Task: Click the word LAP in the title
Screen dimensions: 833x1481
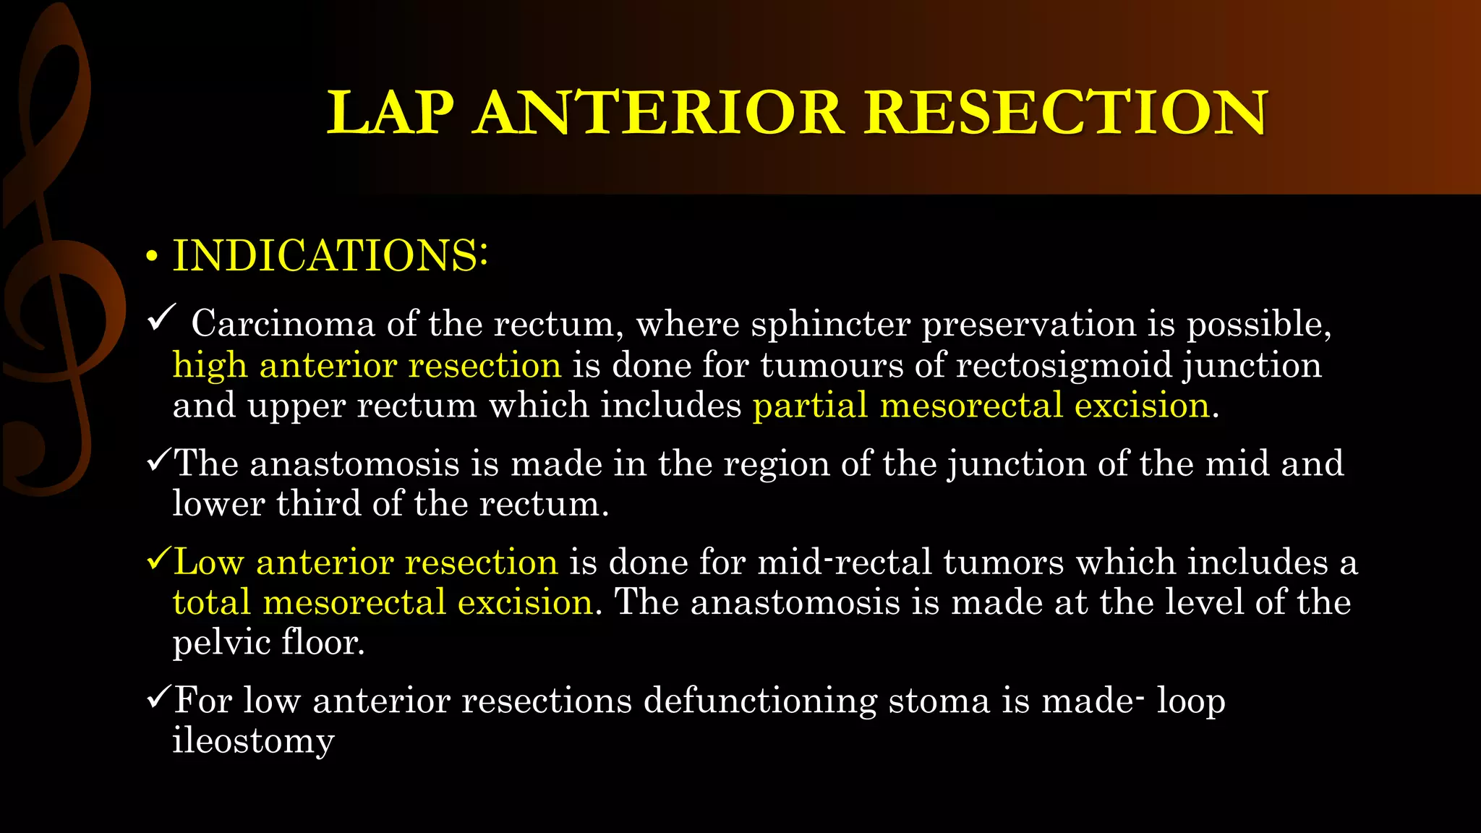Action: point(390,113)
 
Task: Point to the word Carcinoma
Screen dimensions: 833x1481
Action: point(283,323)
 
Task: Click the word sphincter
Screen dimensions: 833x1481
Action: point(830,324)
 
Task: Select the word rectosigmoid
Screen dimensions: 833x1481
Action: point(1063,365)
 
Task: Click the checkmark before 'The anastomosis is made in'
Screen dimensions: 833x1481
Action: point(158,461)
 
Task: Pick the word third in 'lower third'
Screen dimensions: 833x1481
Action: point(318,503)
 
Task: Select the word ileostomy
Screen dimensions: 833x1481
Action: point(253,741)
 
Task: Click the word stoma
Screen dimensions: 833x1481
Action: point(939,701)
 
